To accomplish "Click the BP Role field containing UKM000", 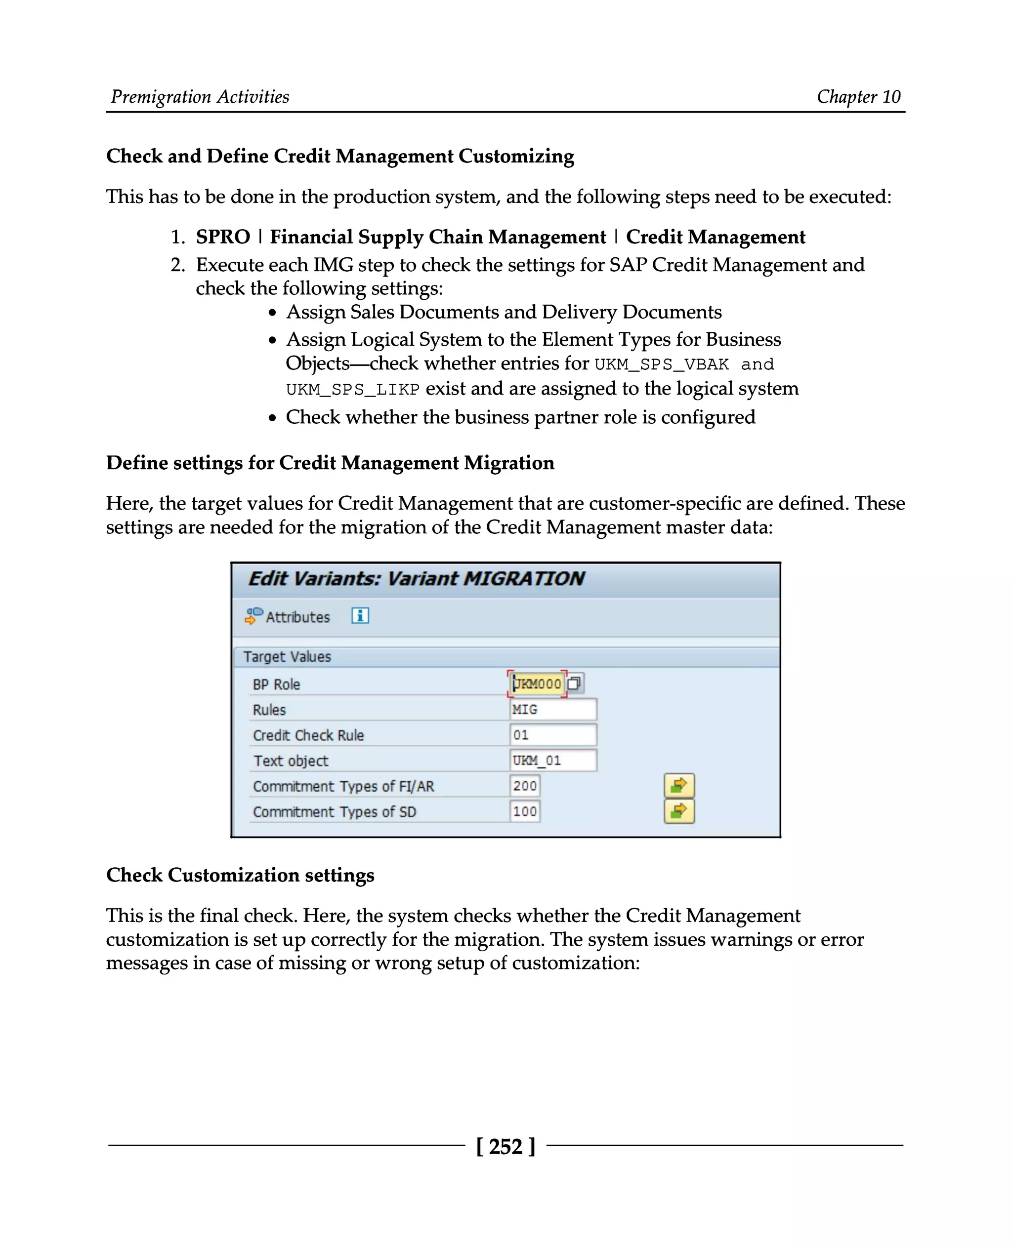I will click(x=536, y=684).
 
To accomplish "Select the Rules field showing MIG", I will click(x=552, y=709).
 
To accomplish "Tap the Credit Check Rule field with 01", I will click(x=552, y=735).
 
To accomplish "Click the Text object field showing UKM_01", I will click(x=552, y=761).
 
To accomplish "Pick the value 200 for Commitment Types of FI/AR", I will click(x=525, y=786).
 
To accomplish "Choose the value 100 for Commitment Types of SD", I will click(x=525, y=811).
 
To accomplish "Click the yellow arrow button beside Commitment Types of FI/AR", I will click(x=678, y=786).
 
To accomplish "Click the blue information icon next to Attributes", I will click(x=360, y=615).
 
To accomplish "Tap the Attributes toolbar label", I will click(x=297, y=617).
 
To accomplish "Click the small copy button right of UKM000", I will click(x=574, y=684).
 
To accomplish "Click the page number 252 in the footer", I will click(x=506, y=1146).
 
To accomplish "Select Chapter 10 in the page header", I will click(x=858, y=96).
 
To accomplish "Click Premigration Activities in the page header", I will click(x=200, y=96).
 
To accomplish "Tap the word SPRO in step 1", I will click(x=223, y=237).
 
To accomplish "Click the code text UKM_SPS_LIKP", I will click(x=352, y=389).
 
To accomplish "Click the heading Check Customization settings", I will click(x=240, y=875).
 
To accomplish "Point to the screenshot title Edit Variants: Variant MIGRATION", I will click(x=416, y=579).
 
